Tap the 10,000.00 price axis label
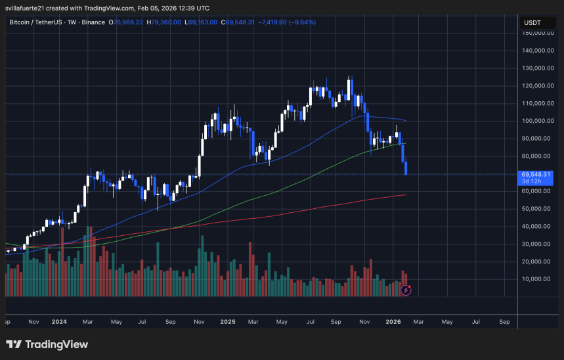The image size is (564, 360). tap(537, 279)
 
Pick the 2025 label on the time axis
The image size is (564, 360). tap(228, 322)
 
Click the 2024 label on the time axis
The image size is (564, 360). tap(60, 322)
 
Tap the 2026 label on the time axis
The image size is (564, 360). tap(393, 322)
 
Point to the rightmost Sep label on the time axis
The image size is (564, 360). tap(504, 322)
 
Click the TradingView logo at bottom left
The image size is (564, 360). tap(47, 344)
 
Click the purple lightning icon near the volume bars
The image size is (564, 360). tap(406, 289)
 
